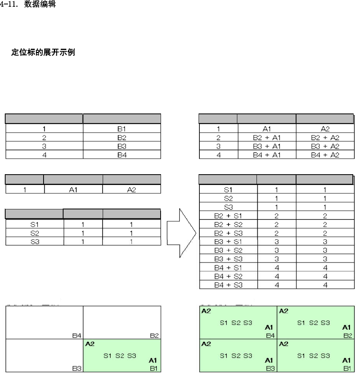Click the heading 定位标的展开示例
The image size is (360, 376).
(43, 53)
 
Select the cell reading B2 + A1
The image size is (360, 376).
(267, 138)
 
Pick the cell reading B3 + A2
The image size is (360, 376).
(324, 146)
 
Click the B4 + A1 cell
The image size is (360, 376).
(267, 155)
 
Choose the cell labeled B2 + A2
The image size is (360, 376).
(324, 138)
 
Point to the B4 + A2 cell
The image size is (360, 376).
(324, 155)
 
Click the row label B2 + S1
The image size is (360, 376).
(228, 216)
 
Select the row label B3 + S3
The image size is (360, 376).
(228, 259)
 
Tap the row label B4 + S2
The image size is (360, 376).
(228, 276)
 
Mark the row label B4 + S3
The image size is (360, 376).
(228, 285)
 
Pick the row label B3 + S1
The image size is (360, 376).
(228, 242)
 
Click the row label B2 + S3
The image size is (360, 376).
(228, 233)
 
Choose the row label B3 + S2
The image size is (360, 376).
(228, 251)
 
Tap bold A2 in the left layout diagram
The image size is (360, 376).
(90, 343)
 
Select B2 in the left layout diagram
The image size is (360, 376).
(154, 336)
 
